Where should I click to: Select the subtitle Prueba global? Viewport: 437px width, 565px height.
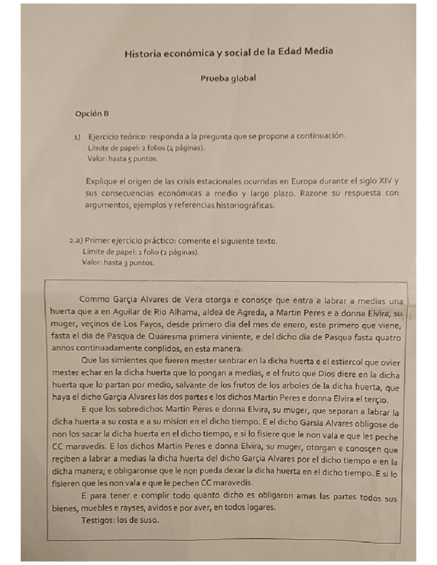pos(229,78)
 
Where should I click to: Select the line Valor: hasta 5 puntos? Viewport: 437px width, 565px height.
pos(122,160)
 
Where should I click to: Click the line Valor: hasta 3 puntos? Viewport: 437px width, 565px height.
pos(117,263)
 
